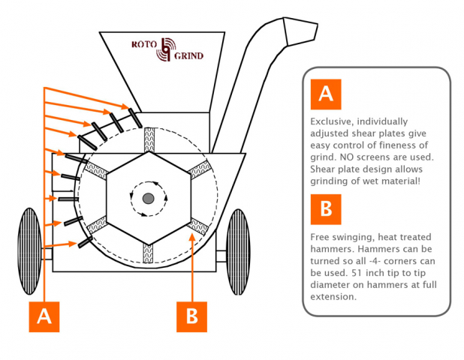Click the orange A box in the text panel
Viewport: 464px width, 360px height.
pos(325,93)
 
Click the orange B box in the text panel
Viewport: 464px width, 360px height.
pos(325,209)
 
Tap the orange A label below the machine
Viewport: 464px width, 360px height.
pos(44,316)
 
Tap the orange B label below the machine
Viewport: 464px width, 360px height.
pos(191,316)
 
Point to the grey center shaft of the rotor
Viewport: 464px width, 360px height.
pos(148,198)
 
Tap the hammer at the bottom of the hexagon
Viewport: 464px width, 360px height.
pos(148,253)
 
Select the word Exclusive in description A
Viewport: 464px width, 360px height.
pos(331,121)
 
